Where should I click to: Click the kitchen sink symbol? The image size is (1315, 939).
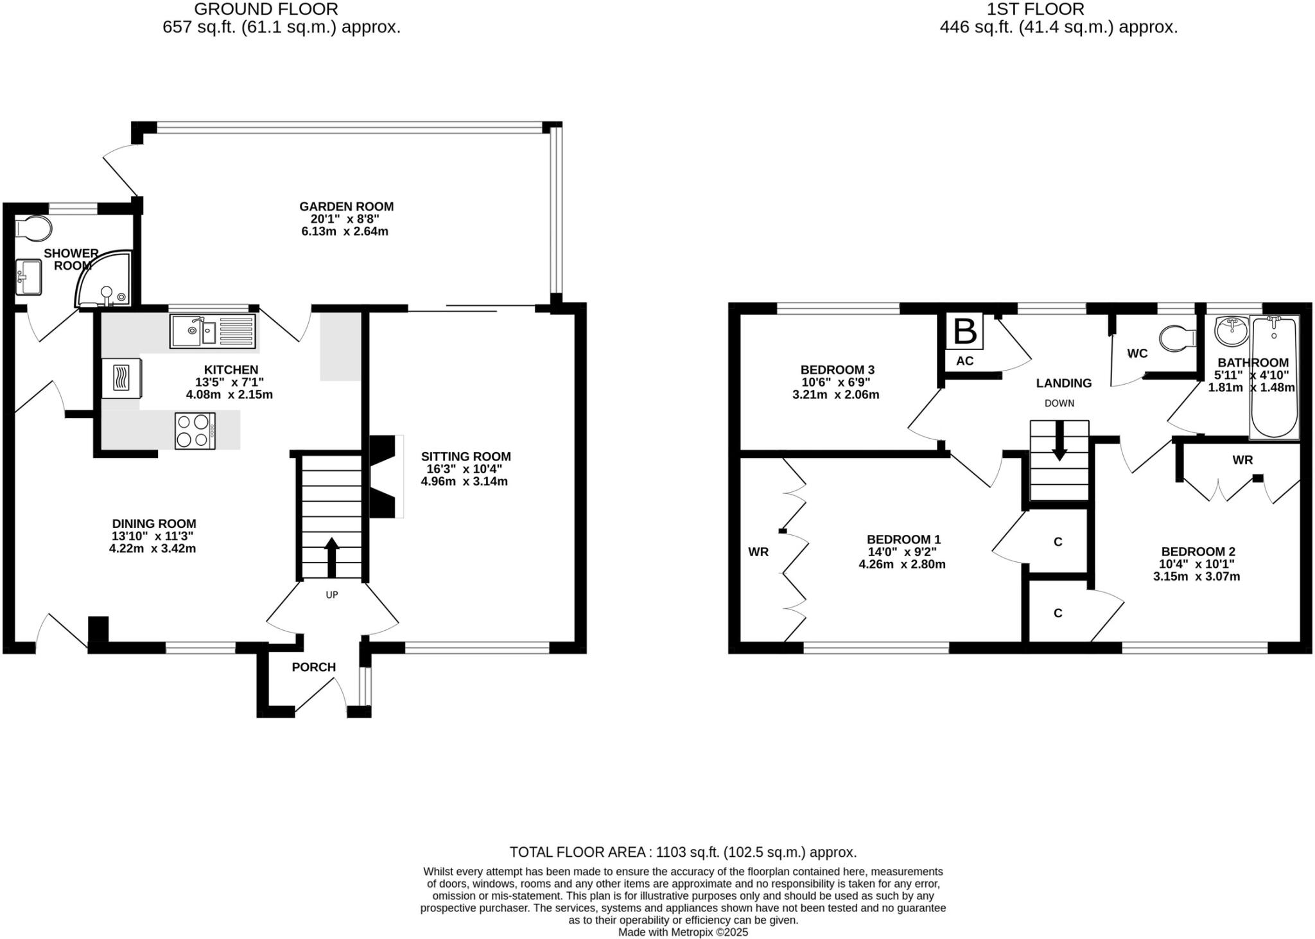click(213, 331)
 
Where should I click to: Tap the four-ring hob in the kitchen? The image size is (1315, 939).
click(195, 431)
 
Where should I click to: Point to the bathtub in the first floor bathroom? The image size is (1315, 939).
click(1274, 376)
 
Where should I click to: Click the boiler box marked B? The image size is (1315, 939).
click(964, 331)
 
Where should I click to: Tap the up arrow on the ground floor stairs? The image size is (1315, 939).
click(331, 556)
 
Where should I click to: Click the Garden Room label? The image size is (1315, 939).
click(346, 207)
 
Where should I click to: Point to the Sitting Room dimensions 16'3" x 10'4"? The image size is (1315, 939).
click(465, 469)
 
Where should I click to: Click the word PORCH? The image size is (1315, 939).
click(313, 667)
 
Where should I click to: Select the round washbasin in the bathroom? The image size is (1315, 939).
click(1231, 330)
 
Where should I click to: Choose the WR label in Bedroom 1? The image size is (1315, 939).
click(758, 552)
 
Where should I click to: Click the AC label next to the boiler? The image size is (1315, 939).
click(964, 361)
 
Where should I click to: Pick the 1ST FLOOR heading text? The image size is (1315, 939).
click(1058, 9)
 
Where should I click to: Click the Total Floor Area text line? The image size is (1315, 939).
click(683, 852)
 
